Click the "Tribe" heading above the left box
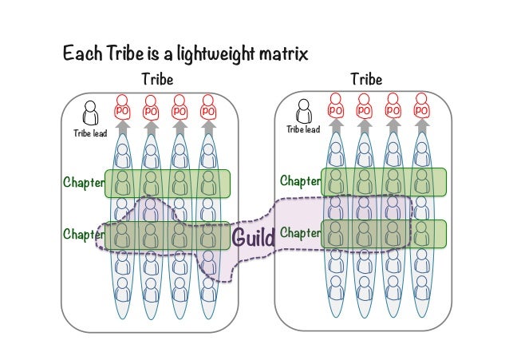[x=157, y=80]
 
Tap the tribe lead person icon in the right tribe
[x=303, y=111]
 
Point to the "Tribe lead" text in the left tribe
[x=90, y=133]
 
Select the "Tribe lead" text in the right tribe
[x=303, y=130]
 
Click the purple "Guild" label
[x=253, y=237]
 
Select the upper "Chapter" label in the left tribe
[x=84, y=183]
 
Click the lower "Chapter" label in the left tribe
[x=84, y=235]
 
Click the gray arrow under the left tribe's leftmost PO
[x=122, y=126]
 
